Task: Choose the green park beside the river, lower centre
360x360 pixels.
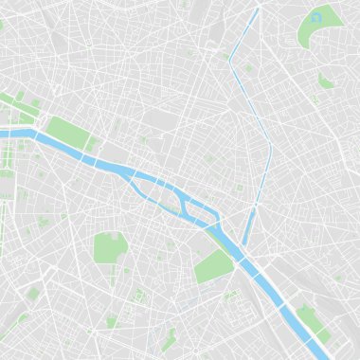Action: point(212,266)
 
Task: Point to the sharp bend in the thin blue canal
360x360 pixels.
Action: point(229,62)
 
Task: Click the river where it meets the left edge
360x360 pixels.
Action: point(4,134)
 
